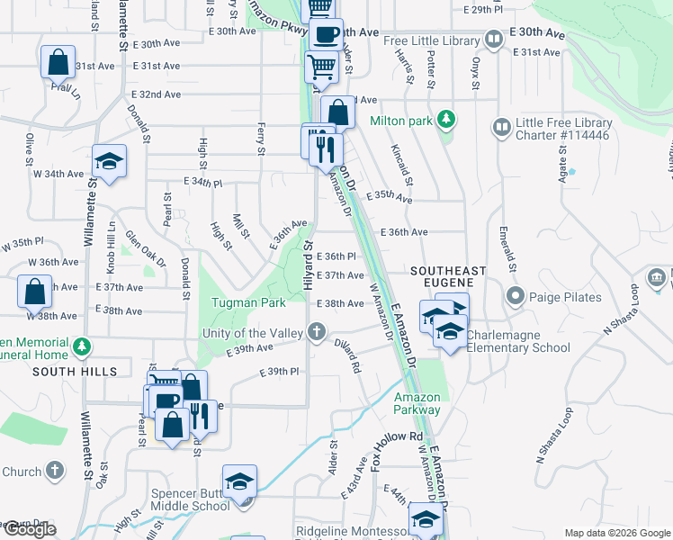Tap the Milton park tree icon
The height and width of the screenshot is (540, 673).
[444, 120]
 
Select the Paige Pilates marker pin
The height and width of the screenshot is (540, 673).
[516, 294]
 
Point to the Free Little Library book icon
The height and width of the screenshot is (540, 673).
[494, 40]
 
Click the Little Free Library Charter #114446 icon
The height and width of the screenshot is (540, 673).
[501, 128]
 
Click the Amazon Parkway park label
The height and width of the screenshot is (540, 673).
[417, 403]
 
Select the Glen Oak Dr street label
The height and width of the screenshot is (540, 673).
[145, 247]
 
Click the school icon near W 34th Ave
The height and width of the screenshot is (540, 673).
[109, 161]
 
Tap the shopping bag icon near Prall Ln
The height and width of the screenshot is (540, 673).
[58, 62]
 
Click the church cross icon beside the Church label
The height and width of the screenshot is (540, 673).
[55, 470]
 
